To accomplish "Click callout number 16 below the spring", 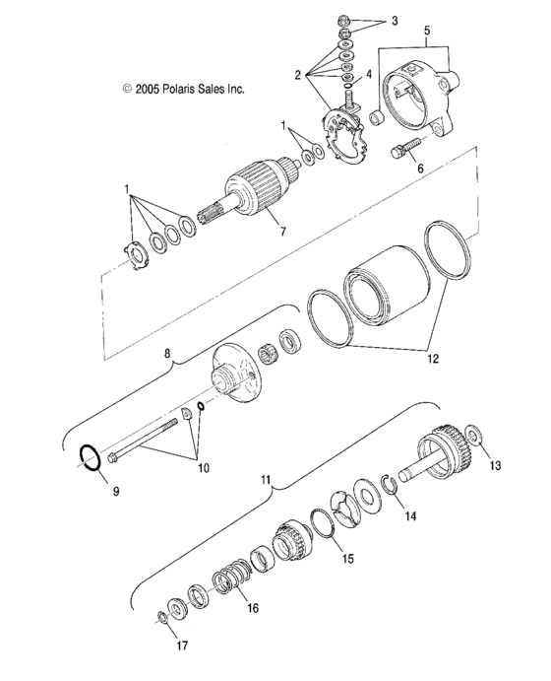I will coord(253,608).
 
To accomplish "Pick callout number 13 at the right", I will coord(495,465).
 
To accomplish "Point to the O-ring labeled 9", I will coord(90,458).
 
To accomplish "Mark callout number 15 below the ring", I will coord(347,558).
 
